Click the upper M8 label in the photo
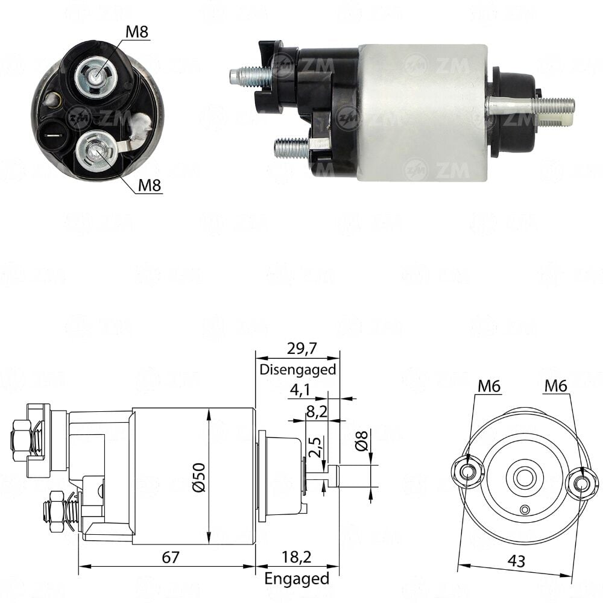137,31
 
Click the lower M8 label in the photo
149,185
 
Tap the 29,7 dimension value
302,349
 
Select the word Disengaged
298,370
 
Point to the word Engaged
297,578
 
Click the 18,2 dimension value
297,557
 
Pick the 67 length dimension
171,557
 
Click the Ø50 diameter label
199,477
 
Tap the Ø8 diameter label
361,441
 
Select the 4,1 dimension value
300,390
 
